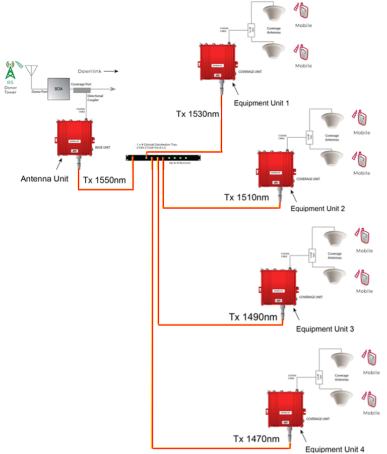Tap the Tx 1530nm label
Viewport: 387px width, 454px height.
click(196, 114)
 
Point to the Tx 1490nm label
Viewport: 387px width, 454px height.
click(253, 316)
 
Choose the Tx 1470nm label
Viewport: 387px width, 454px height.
click(256, 439)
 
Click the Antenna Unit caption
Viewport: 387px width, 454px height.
click(45, 178)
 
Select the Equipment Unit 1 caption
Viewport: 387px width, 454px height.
click(262, 103)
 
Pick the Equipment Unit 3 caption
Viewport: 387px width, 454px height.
click(325, 329)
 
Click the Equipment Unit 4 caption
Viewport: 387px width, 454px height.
click(335, 449)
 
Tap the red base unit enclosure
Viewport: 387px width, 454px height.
click(75, 137)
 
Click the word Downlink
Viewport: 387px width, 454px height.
click(91, 71)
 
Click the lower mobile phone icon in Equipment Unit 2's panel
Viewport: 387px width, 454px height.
click(361, 159)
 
